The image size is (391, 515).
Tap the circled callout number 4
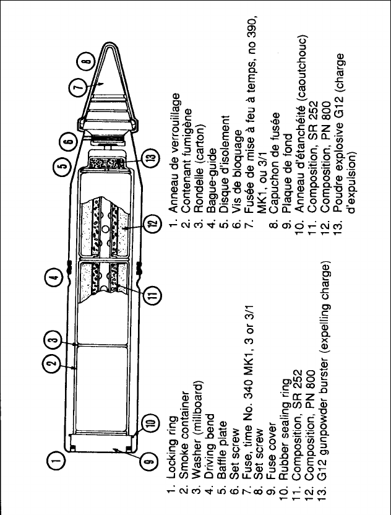pos(56,279)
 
